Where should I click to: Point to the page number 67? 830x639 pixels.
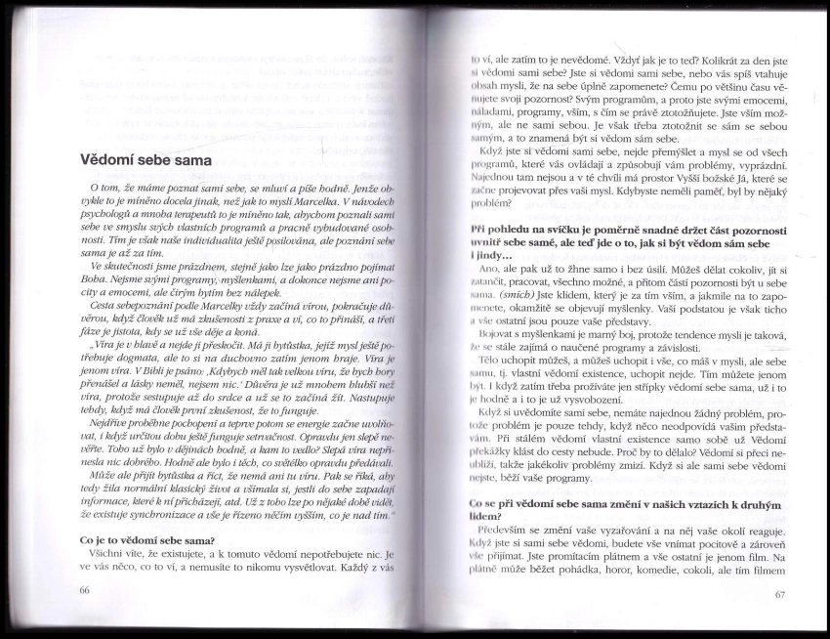click(x=778, y=594)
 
